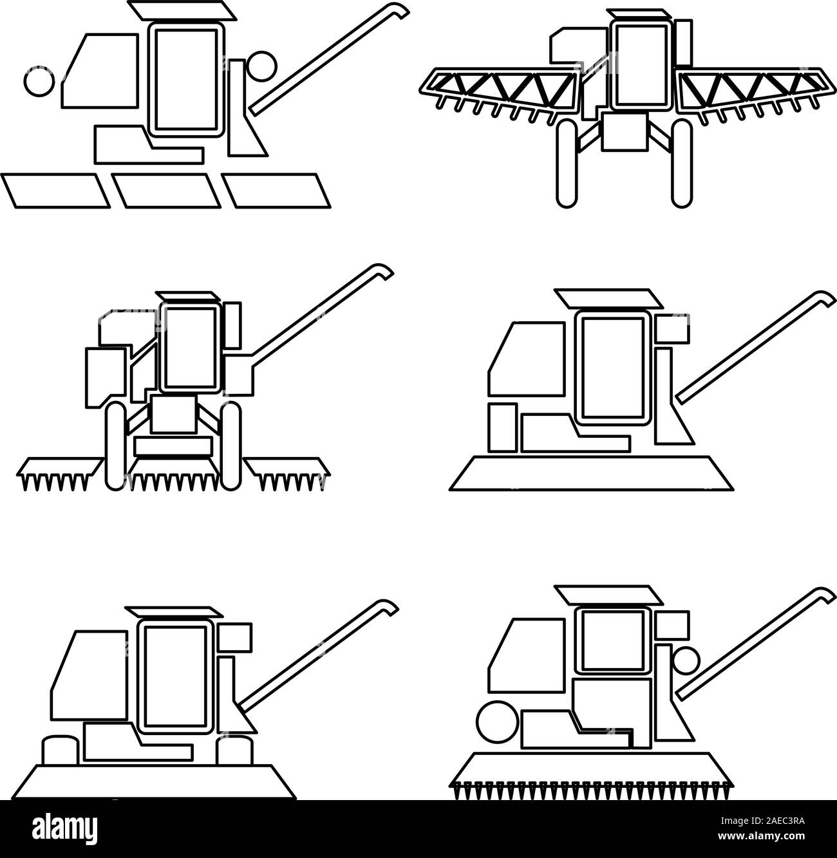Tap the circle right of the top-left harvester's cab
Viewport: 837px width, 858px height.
coord(261,66)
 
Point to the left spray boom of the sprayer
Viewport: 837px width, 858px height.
coord(499,88)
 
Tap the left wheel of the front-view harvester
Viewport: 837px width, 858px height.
coord(116,445)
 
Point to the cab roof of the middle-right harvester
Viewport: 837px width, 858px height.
coord(608,298)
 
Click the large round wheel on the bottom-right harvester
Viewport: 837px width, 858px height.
coord(497,721)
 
